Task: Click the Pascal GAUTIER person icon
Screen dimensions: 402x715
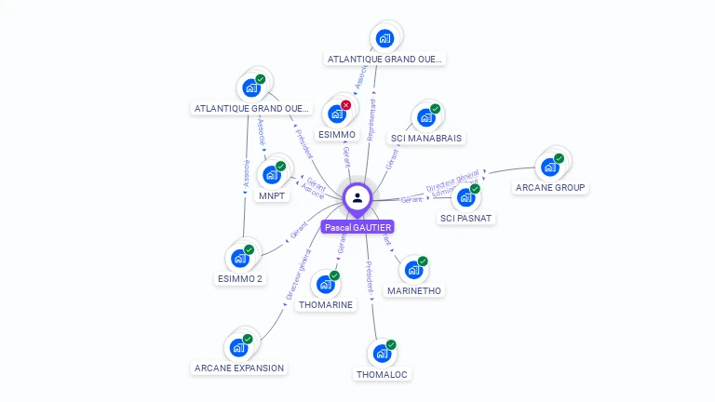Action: (357, 197)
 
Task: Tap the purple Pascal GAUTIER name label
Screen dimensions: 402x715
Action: (357, 227)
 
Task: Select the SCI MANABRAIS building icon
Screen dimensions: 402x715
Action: (425, 118)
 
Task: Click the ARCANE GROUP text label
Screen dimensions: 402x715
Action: (550, 188)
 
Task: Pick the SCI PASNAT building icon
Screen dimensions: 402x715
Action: (465, 198)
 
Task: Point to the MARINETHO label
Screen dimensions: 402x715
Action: (414, 290)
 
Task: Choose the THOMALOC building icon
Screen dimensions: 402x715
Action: (382, 355)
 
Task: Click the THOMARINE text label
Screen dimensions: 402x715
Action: (326, 304)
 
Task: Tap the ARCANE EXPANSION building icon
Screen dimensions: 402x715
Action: (238, 349)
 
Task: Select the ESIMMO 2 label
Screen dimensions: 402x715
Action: (240, 278)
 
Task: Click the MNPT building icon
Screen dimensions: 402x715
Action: (272, 175)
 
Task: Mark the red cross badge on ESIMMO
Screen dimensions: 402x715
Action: (346, 105)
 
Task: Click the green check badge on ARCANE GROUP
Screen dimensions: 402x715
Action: (559, 158)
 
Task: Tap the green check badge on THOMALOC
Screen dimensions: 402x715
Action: (391, 345)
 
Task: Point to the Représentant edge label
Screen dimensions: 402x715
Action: (372, 121)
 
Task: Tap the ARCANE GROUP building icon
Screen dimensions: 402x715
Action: (549, 167)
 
